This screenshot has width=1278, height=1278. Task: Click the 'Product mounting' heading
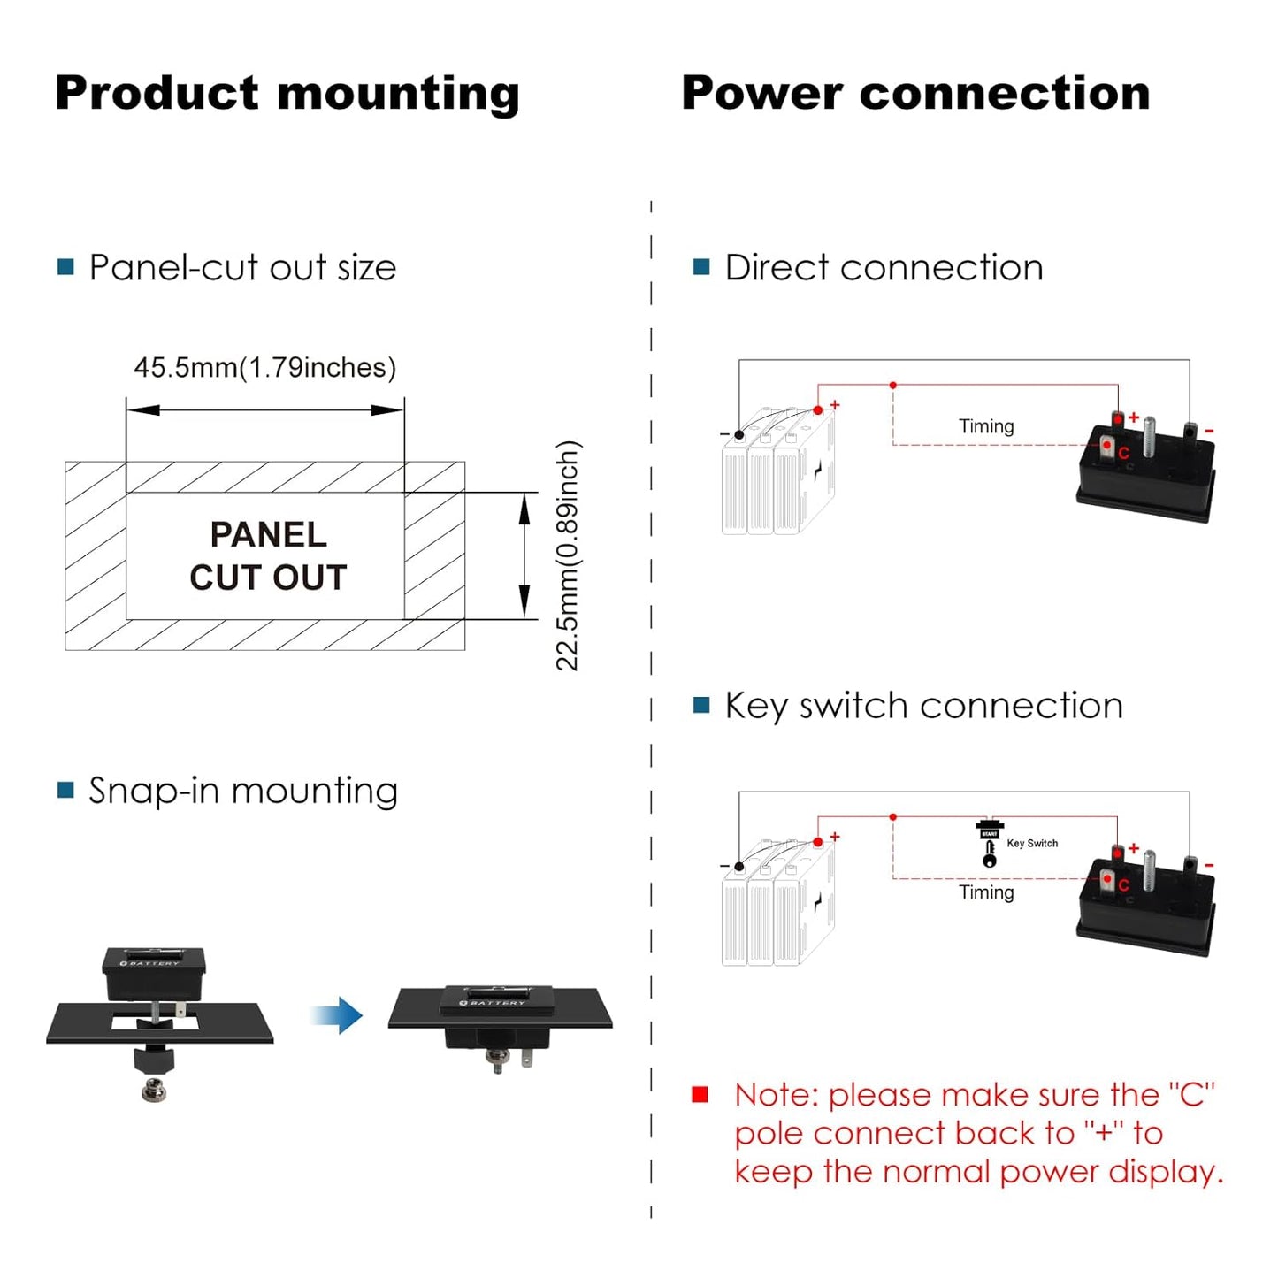click(x=287, y=94)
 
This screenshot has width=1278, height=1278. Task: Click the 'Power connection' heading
click(x=915, y=94)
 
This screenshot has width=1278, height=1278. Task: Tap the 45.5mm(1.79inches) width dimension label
click(x=264, y=368)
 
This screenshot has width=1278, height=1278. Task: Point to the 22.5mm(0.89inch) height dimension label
click(x=568, y=555)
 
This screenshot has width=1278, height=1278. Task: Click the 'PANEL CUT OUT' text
click(x=268, y=555)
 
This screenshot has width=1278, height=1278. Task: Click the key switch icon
click(x=989, y=844)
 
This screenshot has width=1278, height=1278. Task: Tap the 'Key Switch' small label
click(x=1032, y=844)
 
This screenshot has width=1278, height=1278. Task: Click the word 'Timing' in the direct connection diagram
click(x=986, y=426)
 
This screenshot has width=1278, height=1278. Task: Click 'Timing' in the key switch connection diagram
click(x=986, y=892)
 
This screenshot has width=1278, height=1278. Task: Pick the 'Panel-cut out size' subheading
click(x=242, y=267)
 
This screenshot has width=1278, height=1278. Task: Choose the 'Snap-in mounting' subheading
click(x=242, y=791)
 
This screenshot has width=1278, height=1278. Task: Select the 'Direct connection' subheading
click(x=884, y=267)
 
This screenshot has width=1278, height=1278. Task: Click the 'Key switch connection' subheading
click(x=923, y=706)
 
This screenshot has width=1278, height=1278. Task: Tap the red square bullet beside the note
click(x=700, y=1095)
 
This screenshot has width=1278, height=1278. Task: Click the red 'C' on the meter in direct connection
click(x=1123, y=454)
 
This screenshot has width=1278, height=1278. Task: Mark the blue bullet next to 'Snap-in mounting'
click(x=65, y=790)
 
